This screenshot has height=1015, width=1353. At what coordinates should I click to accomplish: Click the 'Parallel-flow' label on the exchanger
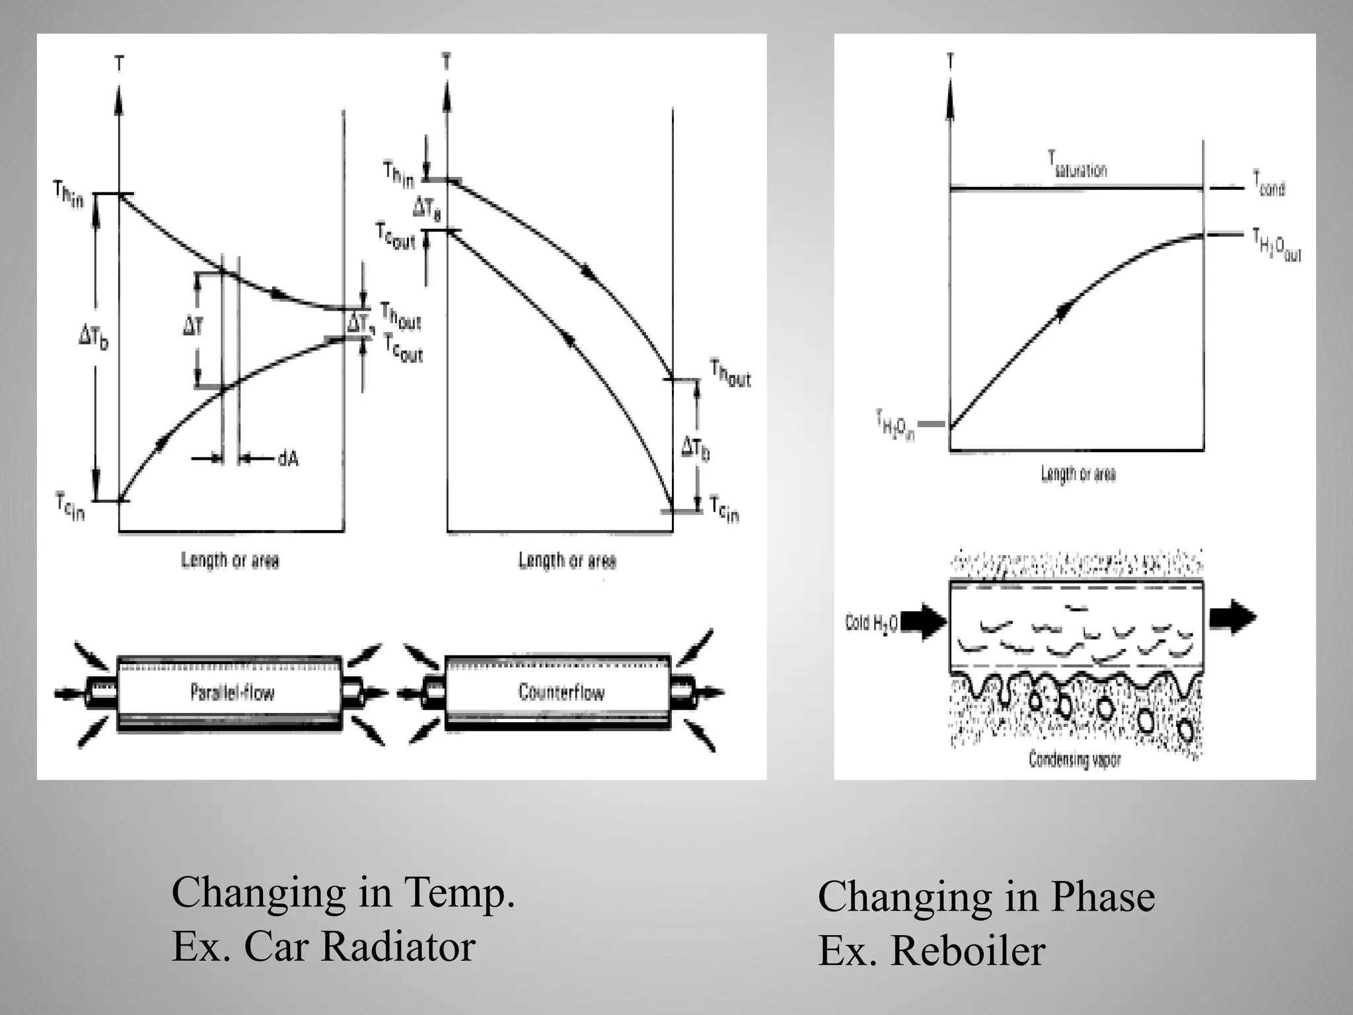(232, 693)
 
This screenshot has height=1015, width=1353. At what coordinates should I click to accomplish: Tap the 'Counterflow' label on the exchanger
(561, 692)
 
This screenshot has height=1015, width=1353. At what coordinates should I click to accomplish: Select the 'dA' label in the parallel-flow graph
(288, 458)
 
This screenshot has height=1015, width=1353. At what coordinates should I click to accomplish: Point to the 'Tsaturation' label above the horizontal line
(1077, 165)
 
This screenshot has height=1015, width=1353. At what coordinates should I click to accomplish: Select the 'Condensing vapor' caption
(1075, 760)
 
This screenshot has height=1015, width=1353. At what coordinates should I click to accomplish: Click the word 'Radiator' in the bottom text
(398, 946)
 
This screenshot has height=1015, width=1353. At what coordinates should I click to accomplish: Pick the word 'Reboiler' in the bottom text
(968, 951)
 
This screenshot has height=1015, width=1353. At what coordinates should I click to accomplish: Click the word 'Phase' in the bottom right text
(1103, 897)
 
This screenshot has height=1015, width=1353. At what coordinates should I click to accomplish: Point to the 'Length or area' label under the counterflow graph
(567, 561)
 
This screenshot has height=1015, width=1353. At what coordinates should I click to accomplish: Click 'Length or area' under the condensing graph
(1078, 474)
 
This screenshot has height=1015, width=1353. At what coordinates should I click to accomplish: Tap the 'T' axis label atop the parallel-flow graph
(119, 64)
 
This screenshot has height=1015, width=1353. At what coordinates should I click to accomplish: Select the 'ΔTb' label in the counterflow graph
(696, 449)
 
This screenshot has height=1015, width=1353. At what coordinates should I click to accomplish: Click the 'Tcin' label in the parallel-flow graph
(70, 507)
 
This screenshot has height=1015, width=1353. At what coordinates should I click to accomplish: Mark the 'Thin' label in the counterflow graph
(399, 174)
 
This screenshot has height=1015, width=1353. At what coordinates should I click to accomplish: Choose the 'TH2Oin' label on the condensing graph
(895, 426)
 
